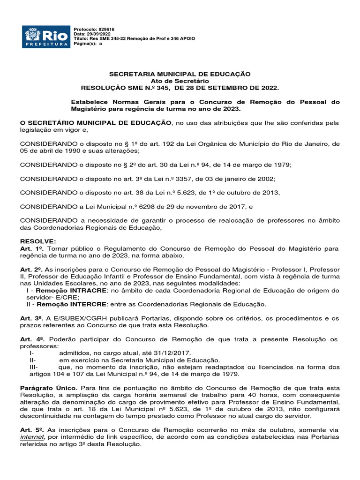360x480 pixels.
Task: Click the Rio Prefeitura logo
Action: coord(46,36)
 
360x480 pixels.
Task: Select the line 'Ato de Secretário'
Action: coord(180,81)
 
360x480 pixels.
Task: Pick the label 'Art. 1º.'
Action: coord(32,247)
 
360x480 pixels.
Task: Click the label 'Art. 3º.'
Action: coord(32,318)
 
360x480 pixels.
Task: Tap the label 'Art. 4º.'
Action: coord(32,339)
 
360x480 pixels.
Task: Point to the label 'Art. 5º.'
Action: coord(32,430)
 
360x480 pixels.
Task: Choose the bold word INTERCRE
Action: coord(96,304)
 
